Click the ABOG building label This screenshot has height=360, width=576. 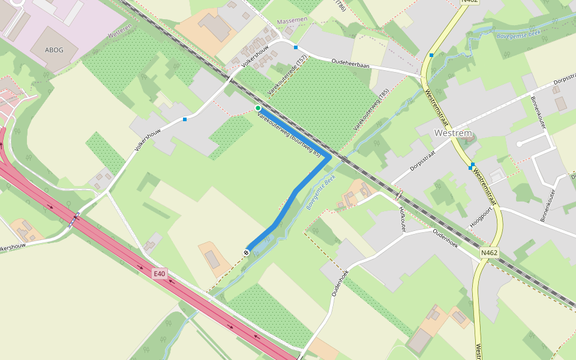(x=54, y=50)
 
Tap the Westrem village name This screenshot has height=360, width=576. (x=453, y=133)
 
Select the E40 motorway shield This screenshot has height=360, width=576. (x=159, y=274)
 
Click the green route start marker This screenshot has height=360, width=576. (x=258, y=108)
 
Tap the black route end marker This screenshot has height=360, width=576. (x=247, y=252)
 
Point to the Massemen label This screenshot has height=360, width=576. (x=292, y=20)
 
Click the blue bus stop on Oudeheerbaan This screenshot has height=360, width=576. (x=296, y=47)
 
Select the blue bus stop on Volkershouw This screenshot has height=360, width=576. (x=185, y=119)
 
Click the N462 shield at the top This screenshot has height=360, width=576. (x=469, y=2)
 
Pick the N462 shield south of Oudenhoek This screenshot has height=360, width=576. (x=490, y=253)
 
